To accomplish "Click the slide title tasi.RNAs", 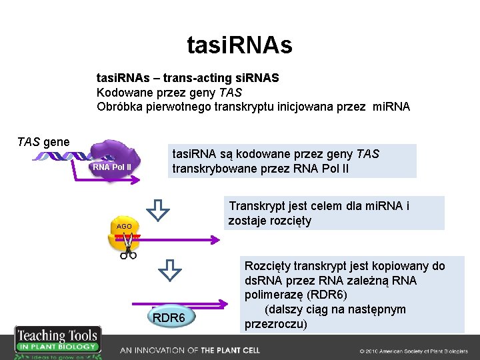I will [x=239, y=45].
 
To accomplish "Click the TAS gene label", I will [x=43, y=141].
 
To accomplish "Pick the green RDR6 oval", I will [x=169, y=317].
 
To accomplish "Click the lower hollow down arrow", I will [x=170, y=269].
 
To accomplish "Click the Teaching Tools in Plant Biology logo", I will [x=57, y=342].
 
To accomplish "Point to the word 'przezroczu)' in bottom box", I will [x=276, y=325].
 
